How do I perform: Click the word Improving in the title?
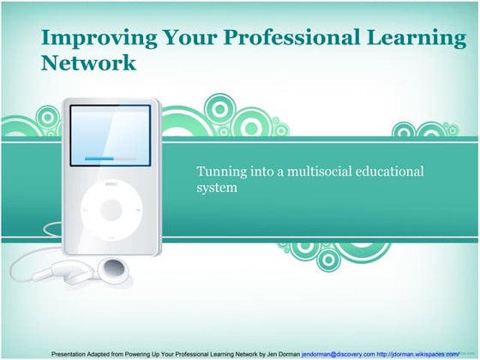[x=88, y=38]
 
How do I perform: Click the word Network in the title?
[x=88, y=63]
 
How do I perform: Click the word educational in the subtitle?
[x=393, y=171]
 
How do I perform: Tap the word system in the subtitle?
[x=216, y=187]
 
